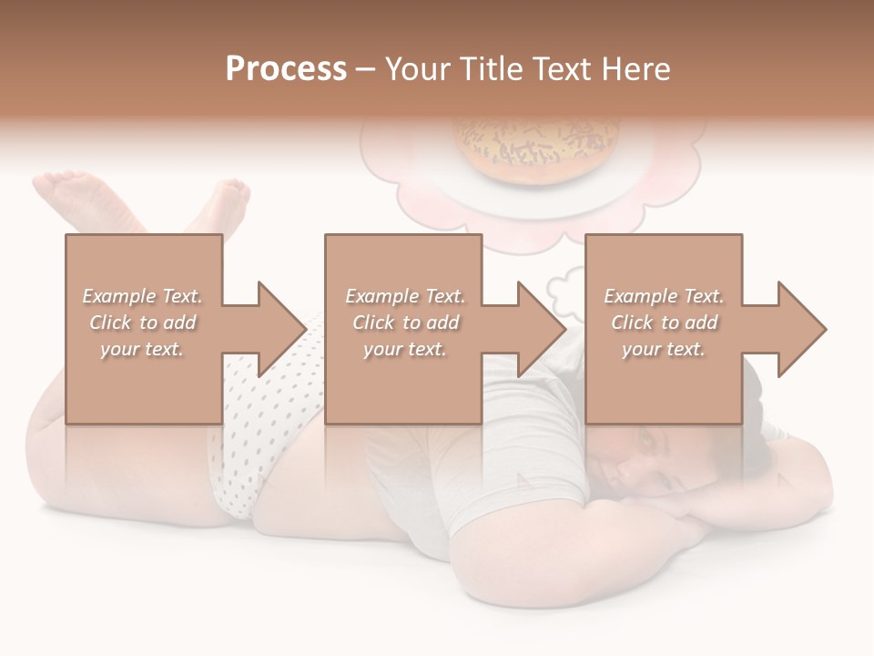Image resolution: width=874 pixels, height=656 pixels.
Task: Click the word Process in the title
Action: (286, 69)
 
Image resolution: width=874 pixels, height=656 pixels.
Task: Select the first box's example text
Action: (143, 323)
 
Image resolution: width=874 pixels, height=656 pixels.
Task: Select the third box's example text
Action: (664, 323)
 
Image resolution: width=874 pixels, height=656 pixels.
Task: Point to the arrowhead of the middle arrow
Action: (541, 329)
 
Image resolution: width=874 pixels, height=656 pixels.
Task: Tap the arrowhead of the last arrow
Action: (801, 329)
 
